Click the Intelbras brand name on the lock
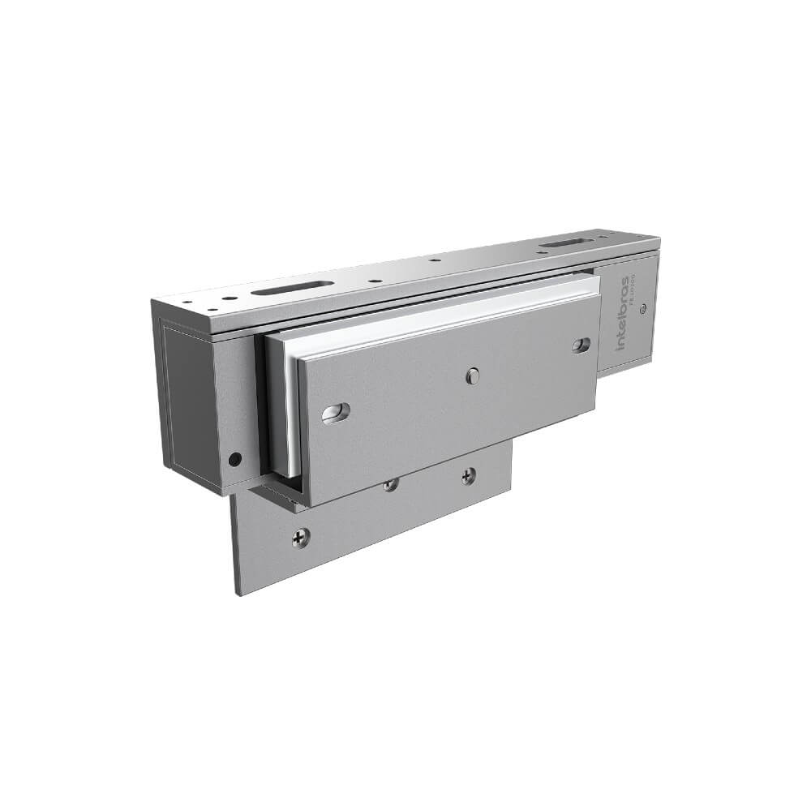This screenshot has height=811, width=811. (622, 313)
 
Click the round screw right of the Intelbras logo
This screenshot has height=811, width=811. (643, 308)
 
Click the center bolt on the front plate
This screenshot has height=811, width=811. (473, 375)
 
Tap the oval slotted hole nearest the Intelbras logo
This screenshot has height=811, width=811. (581, 345)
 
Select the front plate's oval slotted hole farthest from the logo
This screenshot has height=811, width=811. (335, 413)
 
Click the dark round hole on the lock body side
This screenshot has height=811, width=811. (234, 459)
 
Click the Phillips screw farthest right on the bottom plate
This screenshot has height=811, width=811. (468, 476)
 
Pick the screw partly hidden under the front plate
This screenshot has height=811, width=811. (391, 485)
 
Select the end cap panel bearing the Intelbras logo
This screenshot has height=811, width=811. (629, 316)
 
